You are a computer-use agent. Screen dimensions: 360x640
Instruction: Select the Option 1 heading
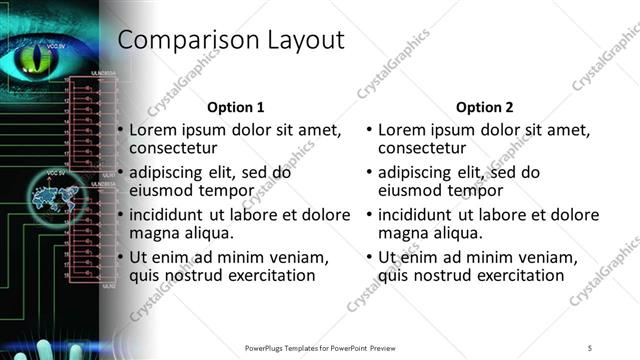click(235, 107)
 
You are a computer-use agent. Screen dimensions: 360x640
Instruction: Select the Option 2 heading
click(484, 107)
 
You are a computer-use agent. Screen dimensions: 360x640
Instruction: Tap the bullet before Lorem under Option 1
click(121, 131)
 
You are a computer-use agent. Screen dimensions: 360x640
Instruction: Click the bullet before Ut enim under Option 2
click(370, 257)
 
